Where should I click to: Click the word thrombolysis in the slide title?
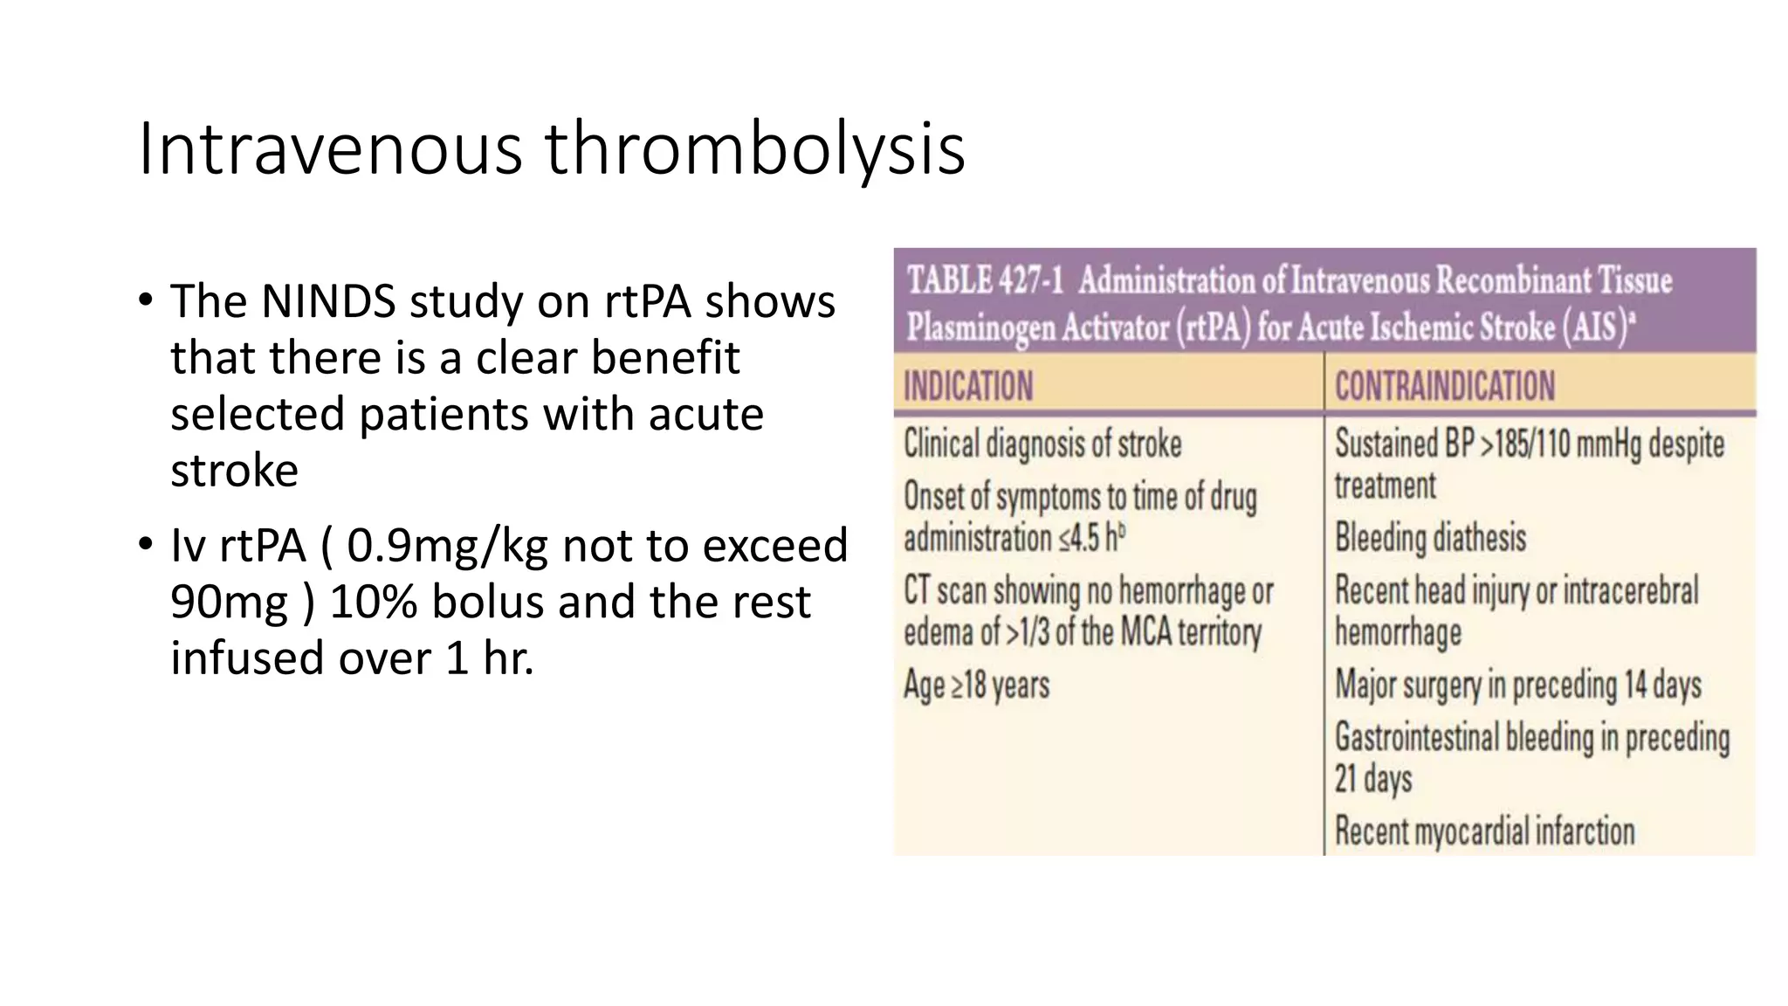pyautogui.click(x=755, y=149)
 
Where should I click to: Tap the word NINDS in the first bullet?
pyautogui.click(x=327, y=301)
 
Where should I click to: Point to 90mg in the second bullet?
pyautogui.click(x=229, y=603)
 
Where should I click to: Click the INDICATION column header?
pyautogui.click(x=968, y=386)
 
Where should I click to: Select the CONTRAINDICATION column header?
pyautogui.click(x=1445, y=386)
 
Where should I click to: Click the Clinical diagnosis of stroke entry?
pyautogui.click(x=1042, y=444)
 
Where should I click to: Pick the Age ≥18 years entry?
pyautogui.click(x=976, y=686)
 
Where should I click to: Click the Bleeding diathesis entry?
pyautogui.click(x=1430, y=538)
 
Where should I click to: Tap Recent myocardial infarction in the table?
pyautogui.click(x=1484, y=831)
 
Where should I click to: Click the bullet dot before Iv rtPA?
pyautogui.click(x=146, y=545)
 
